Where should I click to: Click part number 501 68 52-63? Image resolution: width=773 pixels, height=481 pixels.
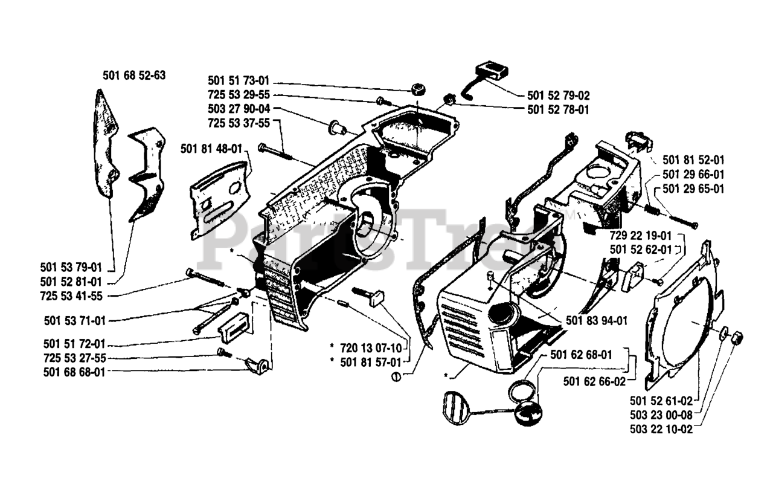click(133, 76)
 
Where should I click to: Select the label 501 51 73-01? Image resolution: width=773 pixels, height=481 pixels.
click(239, 80)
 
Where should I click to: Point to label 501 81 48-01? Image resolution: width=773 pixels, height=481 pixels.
click(211, 148)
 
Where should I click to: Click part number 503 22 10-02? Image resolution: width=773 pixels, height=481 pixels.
click(661, 430)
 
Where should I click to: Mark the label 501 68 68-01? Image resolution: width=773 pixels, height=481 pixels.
click(74, 372)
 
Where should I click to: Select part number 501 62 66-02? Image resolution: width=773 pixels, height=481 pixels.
click(594, 381)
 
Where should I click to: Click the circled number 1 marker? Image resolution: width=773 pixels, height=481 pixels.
click(396, 377)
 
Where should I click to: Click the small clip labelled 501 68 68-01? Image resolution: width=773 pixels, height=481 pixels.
click(258, 364)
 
